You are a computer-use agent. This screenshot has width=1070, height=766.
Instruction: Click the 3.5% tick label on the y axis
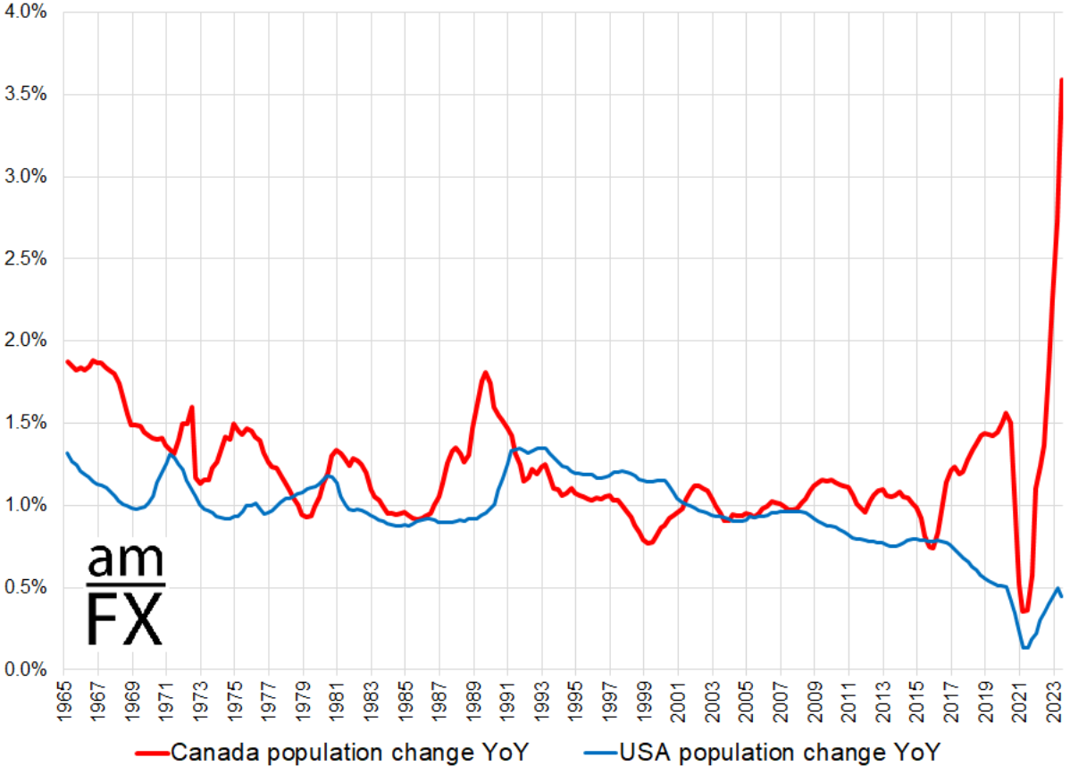[27, 94]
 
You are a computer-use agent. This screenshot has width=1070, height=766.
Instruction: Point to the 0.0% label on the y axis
[27, 669]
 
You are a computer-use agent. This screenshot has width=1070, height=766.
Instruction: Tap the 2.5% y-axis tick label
[27, 258]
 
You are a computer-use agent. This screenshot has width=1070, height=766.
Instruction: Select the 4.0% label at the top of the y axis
[27, 13]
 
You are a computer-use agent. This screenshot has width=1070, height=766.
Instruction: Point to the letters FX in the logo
[125, 617]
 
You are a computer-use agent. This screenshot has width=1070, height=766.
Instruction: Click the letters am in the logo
[125, 560]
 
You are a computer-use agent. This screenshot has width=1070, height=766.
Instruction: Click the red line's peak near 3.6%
[1060, 80]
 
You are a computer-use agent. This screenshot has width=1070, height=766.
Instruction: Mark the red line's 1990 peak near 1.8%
[485, 373]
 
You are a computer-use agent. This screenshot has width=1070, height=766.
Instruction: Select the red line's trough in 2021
[1024, 611]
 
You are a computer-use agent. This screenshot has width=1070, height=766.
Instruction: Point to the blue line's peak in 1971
[171, 455]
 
